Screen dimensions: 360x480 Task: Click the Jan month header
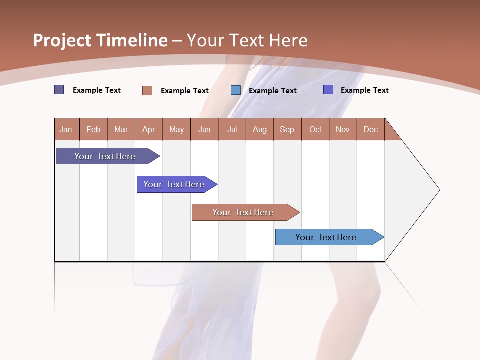click(66, 129)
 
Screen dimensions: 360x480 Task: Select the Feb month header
click(93, 129)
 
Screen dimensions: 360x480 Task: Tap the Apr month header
click(149, 129)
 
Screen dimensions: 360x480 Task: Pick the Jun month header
click(204, 129)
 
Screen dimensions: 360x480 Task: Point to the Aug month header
click(260, 129)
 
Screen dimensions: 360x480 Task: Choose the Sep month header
click(287, 129)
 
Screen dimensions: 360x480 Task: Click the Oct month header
click(315, 129)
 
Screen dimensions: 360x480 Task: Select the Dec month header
click(371, 129)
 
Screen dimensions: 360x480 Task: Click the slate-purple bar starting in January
click(105, 156)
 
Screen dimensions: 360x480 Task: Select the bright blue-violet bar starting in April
click(174, 184)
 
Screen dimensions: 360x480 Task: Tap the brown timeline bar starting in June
click(243, 212)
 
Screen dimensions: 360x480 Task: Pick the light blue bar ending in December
click(326, 237)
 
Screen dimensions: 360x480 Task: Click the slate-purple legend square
click(59, 90)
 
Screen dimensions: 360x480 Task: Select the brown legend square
click(147, 90)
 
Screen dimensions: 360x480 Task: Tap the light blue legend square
click(236, 90)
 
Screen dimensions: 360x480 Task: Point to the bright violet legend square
click(328, 90)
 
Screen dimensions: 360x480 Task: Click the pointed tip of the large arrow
click(438, 190)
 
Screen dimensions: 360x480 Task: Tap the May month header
click(176, 129)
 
